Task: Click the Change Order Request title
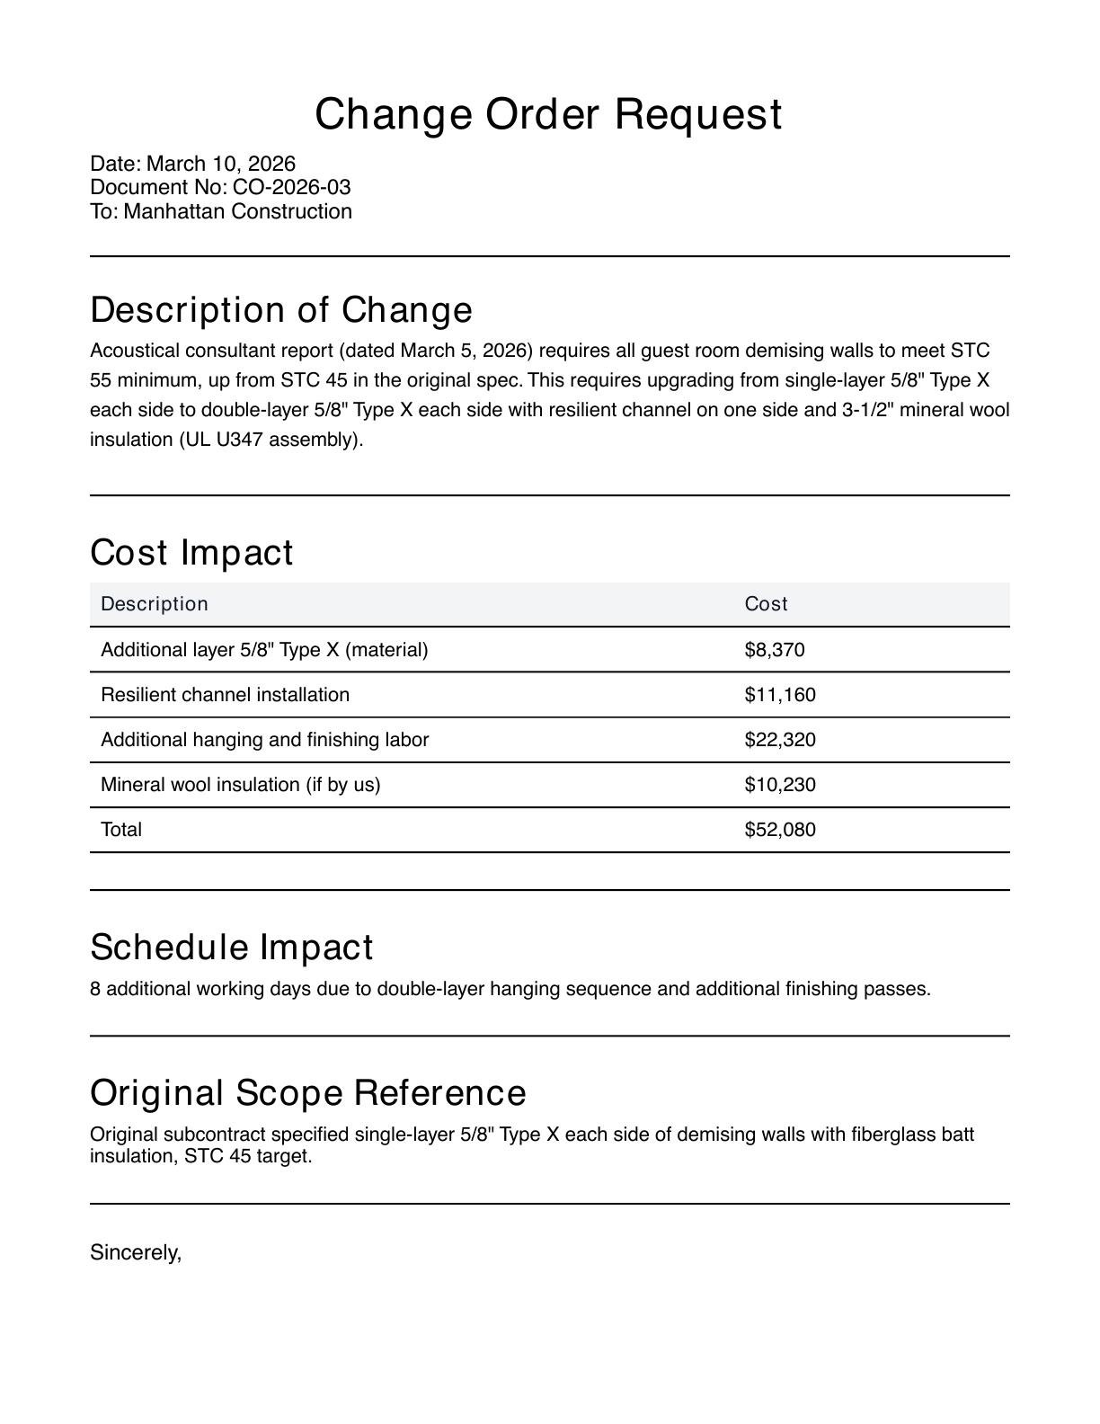click(x=548, y=115)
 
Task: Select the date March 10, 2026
click(x=220, y=164)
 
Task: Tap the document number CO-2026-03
click(x=291, y=187)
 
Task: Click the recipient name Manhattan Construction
click(x=237, y=211)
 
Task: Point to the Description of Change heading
click(x=281, y=310)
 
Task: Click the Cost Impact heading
click(x=191, y=553)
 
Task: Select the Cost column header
click(x=766, y=604)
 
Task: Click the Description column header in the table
click(x=155, y=604)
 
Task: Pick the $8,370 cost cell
click(x=775, y=650)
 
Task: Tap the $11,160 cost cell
click(x=780, y=695)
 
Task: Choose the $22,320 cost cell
click(x=780, y=740)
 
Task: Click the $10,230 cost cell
click(x=780, y=785)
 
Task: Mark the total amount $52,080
click(x=780, y=830)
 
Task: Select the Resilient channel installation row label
click(x=225, y=695)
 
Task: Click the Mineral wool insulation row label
click(x=240, y=785)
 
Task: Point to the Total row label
click(x=121, y=830)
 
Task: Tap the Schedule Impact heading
click(x=232, y=948)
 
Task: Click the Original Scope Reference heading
click(x=308, y=1093)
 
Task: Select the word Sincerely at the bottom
click(x=136, y=1252)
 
